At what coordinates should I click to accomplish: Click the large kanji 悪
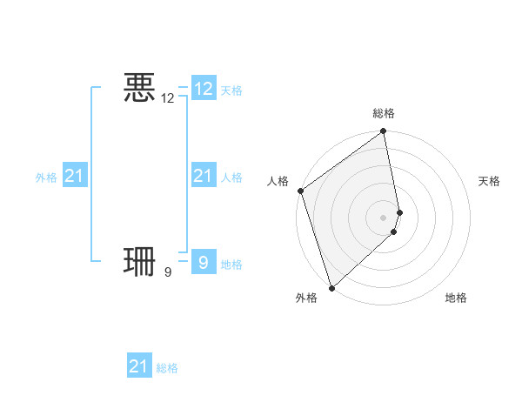pos(139,88)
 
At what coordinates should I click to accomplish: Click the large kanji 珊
pos(139,260)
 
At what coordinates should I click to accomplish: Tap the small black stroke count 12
pos(168,99)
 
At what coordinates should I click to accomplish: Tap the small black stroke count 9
pos(168,272)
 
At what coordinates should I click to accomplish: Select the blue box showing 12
pos(204,89)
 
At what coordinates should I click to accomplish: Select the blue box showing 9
pos(204,261)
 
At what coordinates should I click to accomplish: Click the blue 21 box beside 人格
pos(204,176)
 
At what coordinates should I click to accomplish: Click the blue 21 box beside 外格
pos(75,176)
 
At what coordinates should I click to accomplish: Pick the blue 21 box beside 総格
pos(139,366)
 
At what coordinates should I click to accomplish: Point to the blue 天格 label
pos(231,91)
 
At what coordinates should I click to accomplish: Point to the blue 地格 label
pos(231,264)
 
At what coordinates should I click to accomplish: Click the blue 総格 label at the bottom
pos(167,368)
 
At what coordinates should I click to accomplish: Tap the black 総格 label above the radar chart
pos(384,113)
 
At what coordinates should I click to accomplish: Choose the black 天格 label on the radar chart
pos(489,181)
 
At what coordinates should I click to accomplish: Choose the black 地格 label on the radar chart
pos(456,298)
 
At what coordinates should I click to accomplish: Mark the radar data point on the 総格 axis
pos(384,132)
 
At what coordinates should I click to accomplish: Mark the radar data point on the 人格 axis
pos(300,191)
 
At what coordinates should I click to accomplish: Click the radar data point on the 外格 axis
pos(331,288)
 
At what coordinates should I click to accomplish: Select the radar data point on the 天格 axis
pos(400,212)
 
